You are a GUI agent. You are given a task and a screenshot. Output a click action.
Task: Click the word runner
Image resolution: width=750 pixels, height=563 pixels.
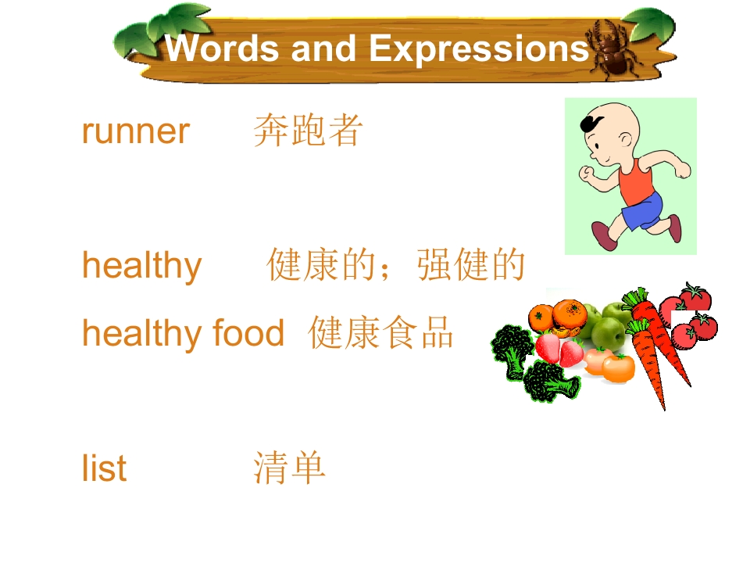(x=136, y=131)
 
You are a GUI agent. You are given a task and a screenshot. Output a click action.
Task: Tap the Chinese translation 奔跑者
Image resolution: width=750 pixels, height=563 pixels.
(x=308, y=131)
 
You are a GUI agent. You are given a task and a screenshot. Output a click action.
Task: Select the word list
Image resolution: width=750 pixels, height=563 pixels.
(x=104, y=468)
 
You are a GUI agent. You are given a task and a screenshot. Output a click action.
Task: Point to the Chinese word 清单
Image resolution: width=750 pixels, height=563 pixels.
(x=289, y=468)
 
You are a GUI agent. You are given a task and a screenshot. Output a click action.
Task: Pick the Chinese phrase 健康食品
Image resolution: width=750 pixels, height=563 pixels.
(x=380, y=332)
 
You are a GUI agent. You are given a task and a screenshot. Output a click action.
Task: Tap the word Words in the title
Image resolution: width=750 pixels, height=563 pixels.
(x=222, y=48)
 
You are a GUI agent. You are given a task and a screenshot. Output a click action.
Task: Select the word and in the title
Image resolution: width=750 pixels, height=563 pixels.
(x=323, y=48)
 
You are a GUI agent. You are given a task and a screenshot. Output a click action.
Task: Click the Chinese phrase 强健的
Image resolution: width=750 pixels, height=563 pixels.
(x=471, y=264)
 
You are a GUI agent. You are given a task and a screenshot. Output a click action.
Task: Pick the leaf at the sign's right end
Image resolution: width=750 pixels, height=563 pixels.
(x=652, y=24)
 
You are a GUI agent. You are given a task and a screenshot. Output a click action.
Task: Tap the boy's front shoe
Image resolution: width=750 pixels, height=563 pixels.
(x=605, y=235)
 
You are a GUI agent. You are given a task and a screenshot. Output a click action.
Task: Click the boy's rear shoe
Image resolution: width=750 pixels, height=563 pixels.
(x=675, y=228)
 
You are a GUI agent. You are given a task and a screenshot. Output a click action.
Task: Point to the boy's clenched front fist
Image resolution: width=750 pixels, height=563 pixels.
(x=585, y=173)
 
